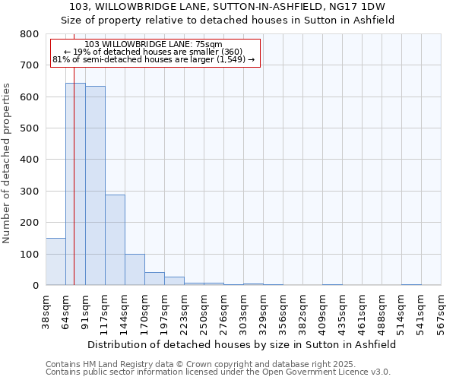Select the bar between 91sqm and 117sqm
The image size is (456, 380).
click(95, 185)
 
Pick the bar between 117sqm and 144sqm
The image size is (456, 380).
click(115, 240)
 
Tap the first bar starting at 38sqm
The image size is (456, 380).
click(55, 261)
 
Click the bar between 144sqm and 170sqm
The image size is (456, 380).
click(135, 270)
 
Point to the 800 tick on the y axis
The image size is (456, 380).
click(29, 34)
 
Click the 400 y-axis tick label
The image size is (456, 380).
click(29, 160)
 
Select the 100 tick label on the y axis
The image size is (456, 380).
click(29, 254)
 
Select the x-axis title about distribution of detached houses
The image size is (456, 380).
click(242, 344)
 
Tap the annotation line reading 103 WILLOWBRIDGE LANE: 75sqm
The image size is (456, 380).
click(154, 44)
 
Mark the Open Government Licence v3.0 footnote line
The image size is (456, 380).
click(218, 372)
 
